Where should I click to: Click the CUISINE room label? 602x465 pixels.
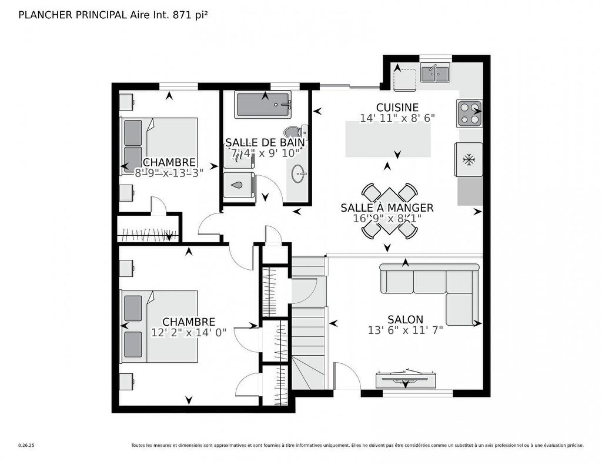click(x=397, y=108)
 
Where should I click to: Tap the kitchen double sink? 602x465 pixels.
click(x=435, y=73)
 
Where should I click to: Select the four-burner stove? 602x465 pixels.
click(x=469, y=113)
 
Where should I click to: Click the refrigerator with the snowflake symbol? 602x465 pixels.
click(x=469, y=159)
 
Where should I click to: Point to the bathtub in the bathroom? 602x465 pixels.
click(x=263, y=105)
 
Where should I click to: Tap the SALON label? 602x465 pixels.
click(x=405, y=319)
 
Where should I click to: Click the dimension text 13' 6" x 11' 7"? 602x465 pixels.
click(x=405, y=330)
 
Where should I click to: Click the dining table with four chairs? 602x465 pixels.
click(x=389, y=212)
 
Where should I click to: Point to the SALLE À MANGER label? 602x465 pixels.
click(x=387, y=208)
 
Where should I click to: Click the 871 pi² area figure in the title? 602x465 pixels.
click(x=190, y=15)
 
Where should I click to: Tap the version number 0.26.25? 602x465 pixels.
click(x=26, y=446)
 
